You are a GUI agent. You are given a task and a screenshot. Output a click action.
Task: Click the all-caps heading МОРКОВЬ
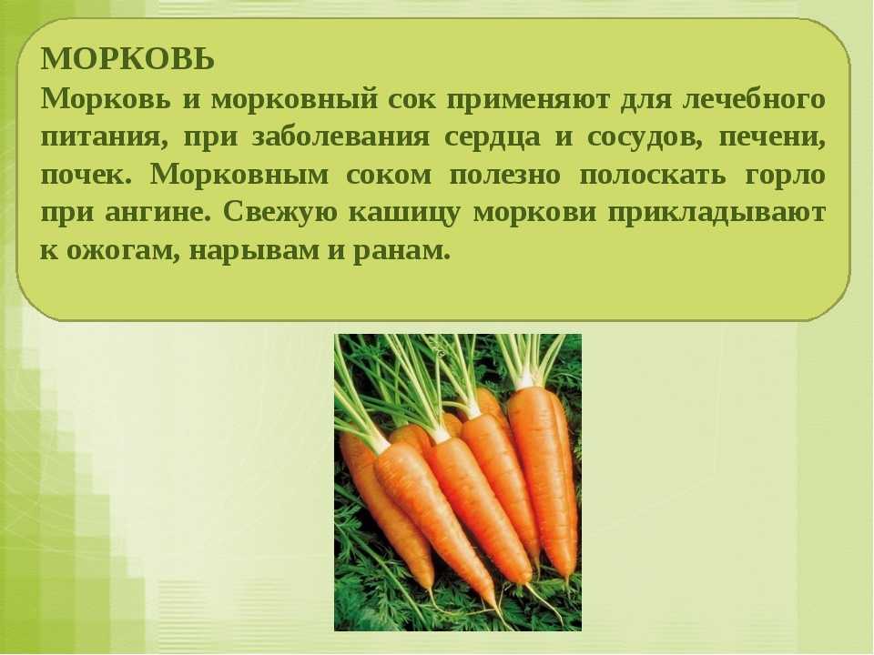pyautogui.click(x=127, y=59)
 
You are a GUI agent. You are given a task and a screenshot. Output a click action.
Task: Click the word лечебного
pyautogui.click(x=754, y=100)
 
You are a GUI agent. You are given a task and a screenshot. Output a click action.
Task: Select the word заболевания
pyautogui.click(x=340, y=137)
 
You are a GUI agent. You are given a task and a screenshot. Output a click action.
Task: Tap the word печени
pyautogui.click(x=773, y=138)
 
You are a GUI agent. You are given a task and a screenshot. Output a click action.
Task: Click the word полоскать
pyautogui.click(x=654, y=176)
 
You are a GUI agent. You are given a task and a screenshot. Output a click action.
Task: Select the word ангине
pyautogui.click(x=158, y=213)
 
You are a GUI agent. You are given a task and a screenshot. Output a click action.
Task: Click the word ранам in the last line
pyautogui.click(x=401, y=252)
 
